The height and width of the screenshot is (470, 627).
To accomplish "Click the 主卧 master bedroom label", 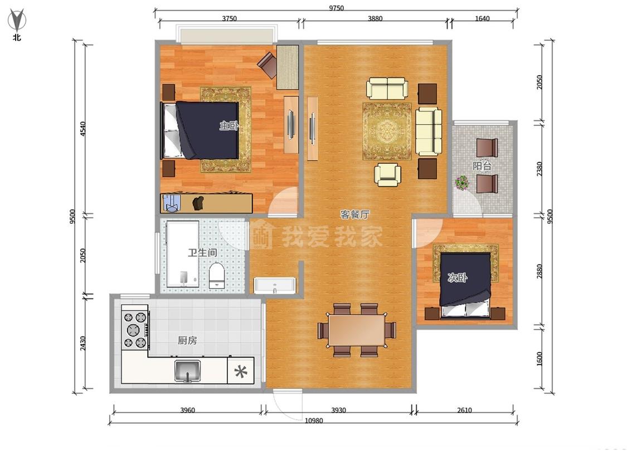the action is tap(229, 125).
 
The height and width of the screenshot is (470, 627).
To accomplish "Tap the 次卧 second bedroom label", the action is tap(458, 277).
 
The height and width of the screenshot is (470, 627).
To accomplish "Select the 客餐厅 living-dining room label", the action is tap(354, 214).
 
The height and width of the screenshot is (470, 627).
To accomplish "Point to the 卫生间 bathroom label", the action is tap(202, 253).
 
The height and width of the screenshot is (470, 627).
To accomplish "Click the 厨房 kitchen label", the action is tap(187, 340).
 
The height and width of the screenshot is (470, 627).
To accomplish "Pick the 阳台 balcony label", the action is tap(482, 165).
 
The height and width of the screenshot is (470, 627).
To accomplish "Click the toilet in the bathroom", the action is tap(217, 275).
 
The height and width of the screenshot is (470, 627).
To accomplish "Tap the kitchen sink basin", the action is tap(187, 371).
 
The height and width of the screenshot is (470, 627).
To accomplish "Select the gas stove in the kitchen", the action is tap(135, 329).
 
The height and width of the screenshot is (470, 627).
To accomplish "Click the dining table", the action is tap(357, 330).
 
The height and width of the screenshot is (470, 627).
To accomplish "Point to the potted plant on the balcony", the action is tap(463, 183).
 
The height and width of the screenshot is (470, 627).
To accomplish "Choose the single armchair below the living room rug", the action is tap(387, 175).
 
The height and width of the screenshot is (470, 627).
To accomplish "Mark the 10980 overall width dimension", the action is tap(313, 420).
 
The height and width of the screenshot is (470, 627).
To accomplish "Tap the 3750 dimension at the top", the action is tap(230, 18).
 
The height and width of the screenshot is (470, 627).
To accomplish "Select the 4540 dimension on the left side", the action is tap(83, 129).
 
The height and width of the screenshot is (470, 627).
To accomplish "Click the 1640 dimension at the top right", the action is tap(482, 18).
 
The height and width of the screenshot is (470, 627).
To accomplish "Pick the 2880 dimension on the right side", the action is tap(539, 271).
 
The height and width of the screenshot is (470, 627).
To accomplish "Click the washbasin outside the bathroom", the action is tap(275, 285).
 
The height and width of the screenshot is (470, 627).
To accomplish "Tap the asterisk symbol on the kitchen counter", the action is tap(241, 371).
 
